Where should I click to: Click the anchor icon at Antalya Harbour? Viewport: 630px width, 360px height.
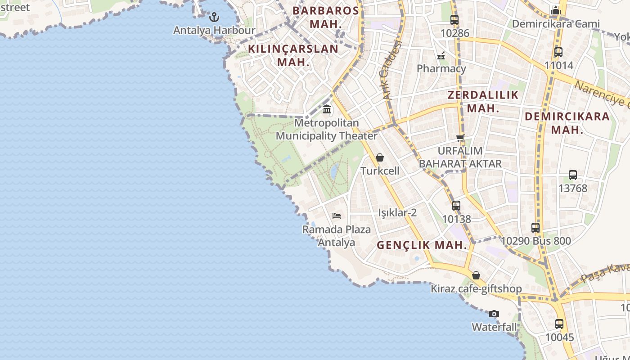point(215,17)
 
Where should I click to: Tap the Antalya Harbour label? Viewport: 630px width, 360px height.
point(214,31)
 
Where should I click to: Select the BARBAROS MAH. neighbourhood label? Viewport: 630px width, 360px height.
point(326,17)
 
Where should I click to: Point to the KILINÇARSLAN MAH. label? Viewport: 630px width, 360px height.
point(293,55)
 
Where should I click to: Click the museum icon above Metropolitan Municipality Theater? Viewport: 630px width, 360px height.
point(327,109)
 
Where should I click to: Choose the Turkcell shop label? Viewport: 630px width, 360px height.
point(380,171)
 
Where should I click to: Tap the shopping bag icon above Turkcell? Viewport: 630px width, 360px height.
point(380,157)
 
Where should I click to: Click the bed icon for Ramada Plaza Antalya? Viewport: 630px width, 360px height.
point(336,216)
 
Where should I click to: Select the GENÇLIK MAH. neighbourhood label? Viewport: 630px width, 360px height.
point(422,245)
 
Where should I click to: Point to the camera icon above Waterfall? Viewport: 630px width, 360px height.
point(494,314)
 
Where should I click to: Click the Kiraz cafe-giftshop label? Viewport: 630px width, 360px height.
point(476,289)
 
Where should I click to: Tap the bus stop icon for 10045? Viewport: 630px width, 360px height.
point(559,324)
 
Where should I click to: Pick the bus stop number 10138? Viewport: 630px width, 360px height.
point(456,219)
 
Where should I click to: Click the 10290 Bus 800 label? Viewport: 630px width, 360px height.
point(535,241)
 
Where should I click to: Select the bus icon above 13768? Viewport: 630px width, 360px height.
point(573,175)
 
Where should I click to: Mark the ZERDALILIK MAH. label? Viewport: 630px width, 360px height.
point(483,101)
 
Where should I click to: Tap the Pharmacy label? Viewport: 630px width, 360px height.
point(441,68)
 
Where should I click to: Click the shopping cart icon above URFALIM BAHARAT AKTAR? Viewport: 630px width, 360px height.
point(460,138)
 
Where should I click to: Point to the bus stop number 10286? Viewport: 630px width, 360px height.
point(454,33)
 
